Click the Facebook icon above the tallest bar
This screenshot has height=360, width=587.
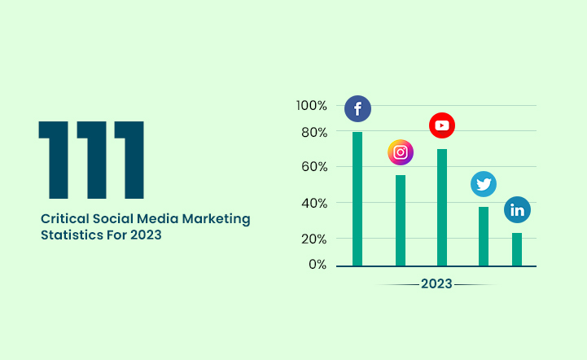point(357,109)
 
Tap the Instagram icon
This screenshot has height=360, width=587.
point(400,152)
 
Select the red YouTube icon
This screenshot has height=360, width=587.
point(442,125)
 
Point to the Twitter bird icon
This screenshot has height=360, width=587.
point(484,184)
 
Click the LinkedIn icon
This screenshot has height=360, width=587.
point(517,210)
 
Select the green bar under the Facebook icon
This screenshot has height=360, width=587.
point(357,199)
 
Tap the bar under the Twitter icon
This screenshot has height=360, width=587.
point(484,236)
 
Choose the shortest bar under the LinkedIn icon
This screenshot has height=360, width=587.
point(517,249)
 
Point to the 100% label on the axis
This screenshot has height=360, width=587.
point(312,106)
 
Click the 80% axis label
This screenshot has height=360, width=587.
point(314,132)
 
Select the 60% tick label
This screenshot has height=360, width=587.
point(314,167)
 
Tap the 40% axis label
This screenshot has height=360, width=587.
point(314,203)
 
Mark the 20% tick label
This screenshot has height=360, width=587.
point(314,239)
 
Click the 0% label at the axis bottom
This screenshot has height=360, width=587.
point(318,265)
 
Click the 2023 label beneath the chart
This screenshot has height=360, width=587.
point(436,284)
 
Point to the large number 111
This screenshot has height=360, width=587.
point(91,160)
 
